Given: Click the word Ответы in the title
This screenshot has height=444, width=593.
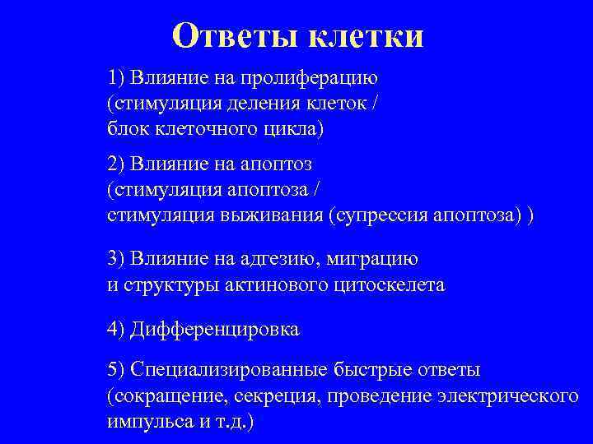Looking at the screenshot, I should coord(235,36).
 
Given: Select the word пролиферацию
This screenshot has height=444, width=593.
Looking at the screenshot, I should coord(308,79).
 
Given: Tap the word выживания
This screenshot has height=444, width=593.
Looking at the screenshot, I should coord(278,215).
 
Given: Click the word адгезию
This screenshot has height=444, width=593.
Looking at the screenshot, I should coord(279,259).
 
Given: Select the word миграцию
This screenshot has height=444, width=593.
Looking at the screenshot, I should coord(373,259).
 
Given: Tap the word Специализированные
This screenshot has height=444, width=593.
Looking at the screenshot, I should coord(230,371).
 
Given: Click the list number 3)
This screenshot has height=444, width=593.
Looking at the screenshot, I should coord(116,259).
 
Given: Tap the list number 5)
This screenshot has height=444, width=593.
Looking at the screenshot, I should coord(116,371).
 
